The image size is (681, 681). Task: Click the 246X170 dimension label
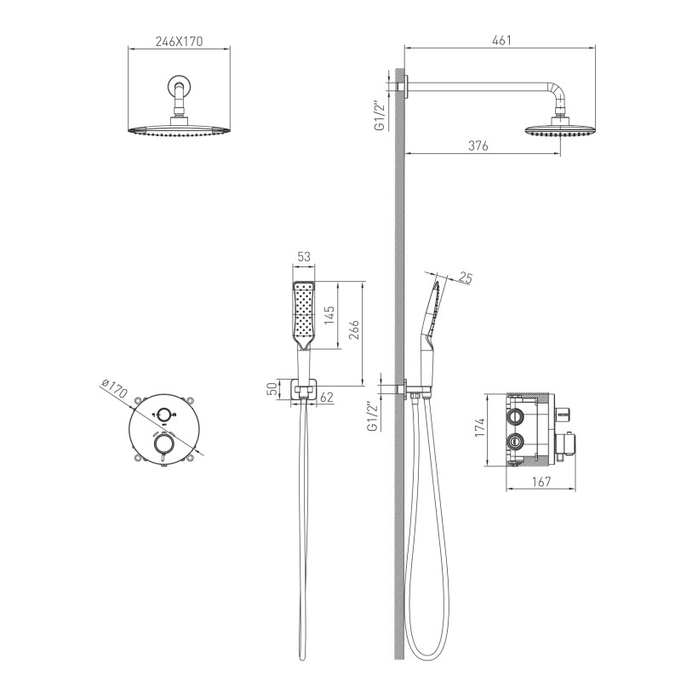tap(179, 41)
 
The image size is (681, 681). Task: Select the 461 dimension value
tap(501, 40)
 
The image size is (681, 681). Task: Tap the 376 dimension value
tap(478, 146)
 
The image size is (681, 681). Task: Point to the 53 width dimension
tap(304, 257)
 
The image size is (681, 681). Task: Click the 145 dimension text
tap(329, 315)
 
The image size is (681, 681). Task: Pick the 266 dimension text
tap(354, 329)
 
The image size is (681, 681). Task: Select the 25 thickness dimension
tap(465, 278)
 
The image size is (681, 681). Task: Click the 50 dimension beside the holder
tap(272, 388)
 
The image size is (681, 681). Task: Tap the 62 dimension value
tap(327, 398)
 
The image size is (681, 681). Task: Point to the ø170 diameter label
tap(113, 388)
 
